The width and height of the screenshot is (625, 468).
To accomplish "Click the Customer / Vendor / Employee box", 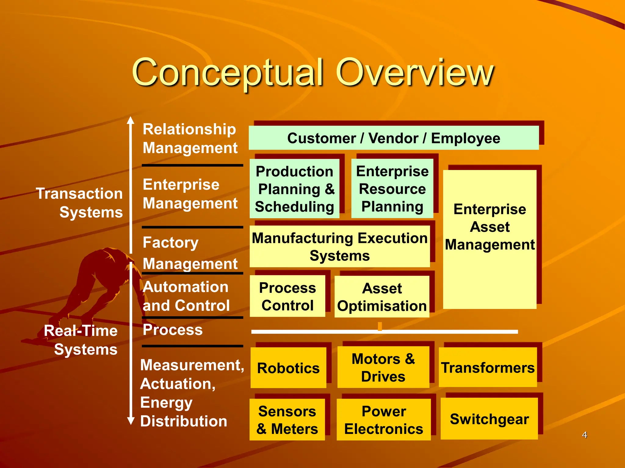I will point(394,138).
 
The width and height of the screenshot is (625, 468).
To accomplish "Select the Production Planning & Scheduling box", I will point(294,189).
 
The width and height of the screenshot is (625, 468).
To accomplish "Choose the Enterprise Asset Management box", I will point(490,239).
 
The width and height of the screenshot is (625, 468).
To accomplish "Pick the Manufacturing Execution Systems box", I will point(340,246).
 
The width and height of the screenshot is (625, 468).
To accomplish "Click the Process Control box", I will point(287,296).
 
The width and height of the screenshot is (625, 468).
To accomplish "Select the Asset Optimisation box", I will point(382,297).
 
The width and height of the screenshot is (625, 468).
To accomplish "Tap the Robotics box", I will point(288,368).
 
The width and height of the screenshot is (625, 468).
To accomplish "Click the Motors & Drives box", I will point(383,367).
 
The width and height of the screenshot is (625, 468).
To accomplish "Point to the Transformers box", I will point(488,367).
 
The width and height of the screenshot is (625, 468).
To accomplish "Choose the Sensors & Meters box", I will point(287,420).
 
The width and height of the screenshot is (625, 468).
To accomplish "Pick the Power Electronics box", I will point(384,420).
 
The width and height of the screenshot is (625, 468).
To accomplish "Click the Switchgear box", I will point(489,419).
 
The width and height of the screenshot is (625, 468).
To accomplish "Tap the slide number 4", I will point(584,435).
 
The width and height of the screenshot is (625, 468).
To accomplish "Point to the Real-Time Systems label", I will point(81,340).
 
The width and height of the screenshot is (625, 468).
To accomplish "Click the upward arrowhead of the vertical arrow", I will point(131,120).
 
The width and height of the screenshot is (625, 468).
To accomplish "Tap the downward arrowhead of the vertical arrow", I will point(131,421).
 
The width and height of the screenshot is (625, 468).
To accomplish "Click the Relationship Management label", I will point(190,138).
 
